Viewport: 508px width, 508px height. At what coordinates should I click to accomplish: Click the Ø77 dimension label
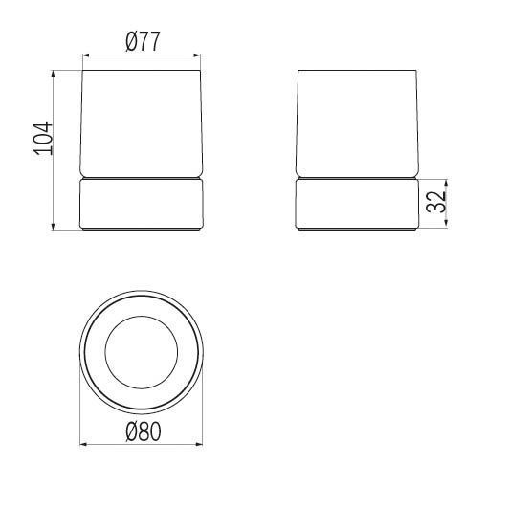(143, 41)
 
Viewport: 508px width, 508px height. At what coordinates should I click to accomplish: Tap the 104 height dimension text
(43, 139)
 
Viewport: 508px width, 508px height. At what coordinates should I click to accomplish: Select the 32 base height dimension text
(435, 202)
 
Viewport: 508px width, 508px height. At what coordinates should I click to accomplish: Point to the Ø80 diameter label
(143, 431)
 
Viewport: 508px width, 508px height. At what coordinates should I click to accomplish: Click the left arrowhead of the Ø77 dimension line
(86, 55)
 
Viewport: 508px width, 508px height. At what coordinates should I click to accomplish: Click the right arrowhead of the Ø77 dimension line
(197, 55)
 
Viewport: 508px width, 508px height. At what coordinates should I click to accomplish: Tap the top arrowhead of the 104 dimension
(54, 74)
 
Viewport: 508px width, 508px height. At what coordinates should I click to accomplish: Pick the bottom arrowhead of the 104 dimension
(54, 226)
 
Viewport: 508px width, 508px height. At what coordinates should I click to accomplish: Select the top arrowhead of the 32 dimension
(446, 183)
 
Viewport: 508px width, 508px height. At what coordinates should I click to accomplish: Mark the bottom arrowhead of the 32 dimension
(446, 222)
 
